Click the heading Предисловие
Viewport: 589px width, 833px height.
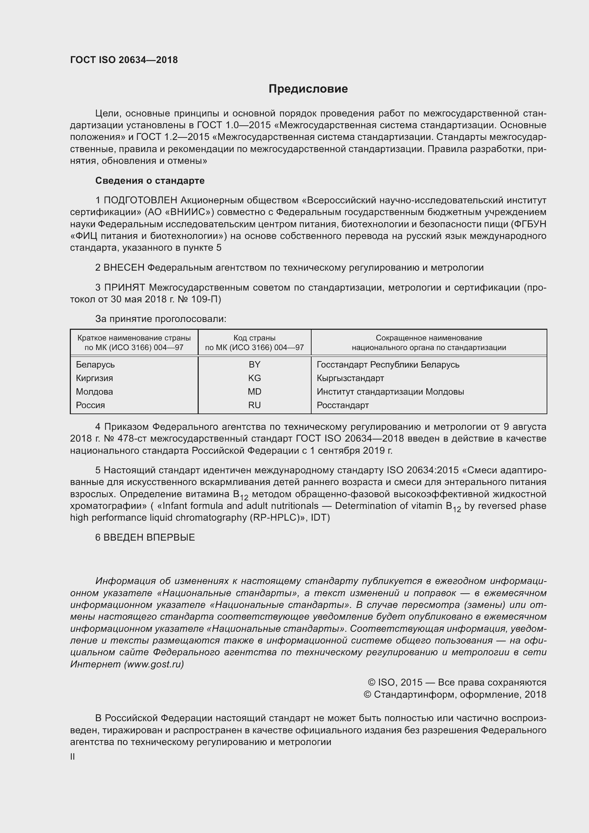[x=308, y=89]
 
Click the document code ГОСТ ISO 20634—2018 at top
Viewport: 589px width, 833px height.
[x=124, y=60]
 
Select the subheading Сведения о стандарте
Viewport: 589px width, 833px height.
[x=150, y=181]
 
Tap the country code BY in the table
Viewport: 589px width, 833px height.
[x=254, y=365]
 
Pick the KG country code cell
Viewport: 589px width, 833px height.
[x=254, y=378]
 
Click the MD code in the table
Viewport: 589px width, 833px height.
[x=254, y=392]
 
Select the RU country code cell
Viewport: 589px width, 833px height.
[x=254, y=405]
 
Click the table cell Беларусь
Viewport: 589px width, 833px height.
[x=95, y=365]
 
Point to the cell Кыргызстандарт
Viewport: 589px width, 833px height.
[x=350, y=378]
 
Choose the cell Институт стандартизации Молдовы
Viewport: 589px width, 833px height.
[x=390, y=392]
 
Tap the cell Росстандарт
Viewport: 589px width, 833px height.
[x=342, y=405]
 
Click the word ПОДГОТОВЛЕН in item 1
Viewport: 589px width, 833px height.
[x=141, y=200]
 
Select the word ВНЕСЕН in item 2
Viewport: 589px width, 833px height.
[x=124, y=268]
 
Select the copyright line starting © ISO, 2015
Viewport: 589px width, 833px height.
[x=457, y=682]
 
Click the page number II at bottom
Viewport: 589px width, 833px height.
[x=73, y=757]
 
